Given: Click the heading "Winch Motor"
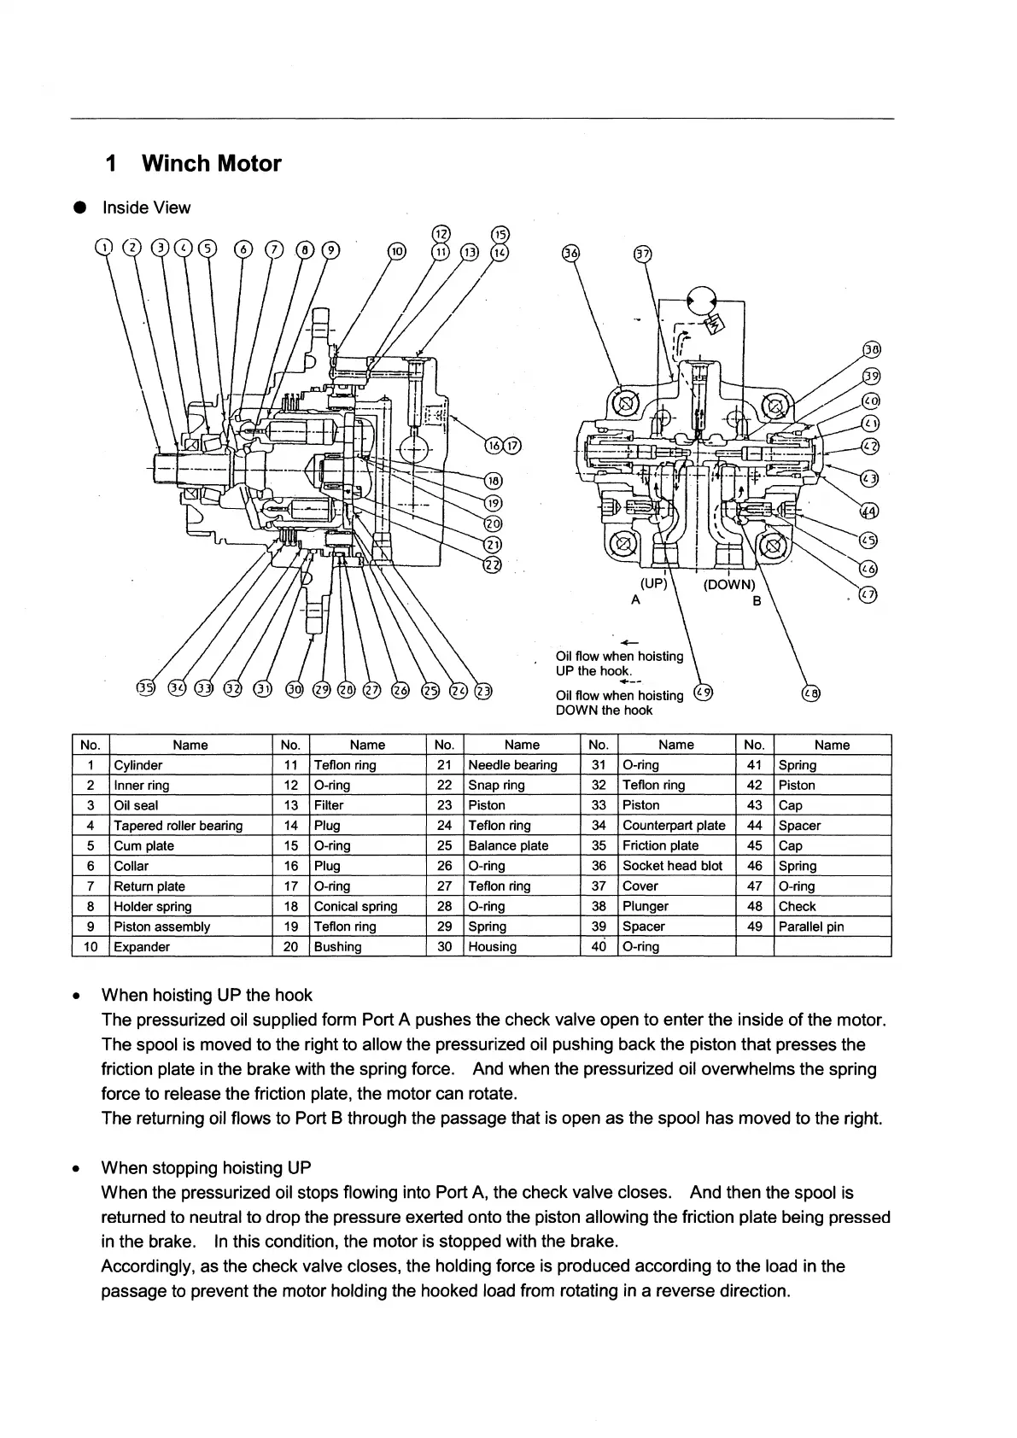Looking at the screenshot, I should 211,163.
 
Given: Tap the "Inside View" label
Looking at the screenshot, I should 146,208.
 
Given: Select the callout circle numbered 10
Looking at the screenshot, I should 397,250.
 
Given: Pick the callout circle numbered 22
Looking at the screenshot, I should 493,565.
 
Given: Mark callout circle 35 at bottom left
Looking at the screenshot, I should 146,689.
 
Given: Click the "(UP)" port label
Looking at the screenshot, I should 653,585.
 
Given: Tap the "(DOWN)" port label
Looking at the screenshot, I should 729,585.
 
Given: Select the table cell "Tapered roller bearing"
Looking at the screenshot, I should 178,826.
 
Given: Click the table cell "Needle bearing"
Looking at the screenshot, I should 512,765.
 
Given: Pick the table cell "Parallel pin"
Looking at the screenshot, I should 811,927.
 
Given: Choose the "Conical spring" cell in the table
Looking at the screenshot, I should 356,907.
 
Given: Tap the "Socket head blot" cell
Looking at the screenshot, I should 672,866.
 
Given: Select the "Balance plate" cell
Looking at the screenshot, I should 508,846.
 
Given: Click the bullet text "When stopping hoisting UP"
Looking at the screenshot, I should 206,1168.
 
